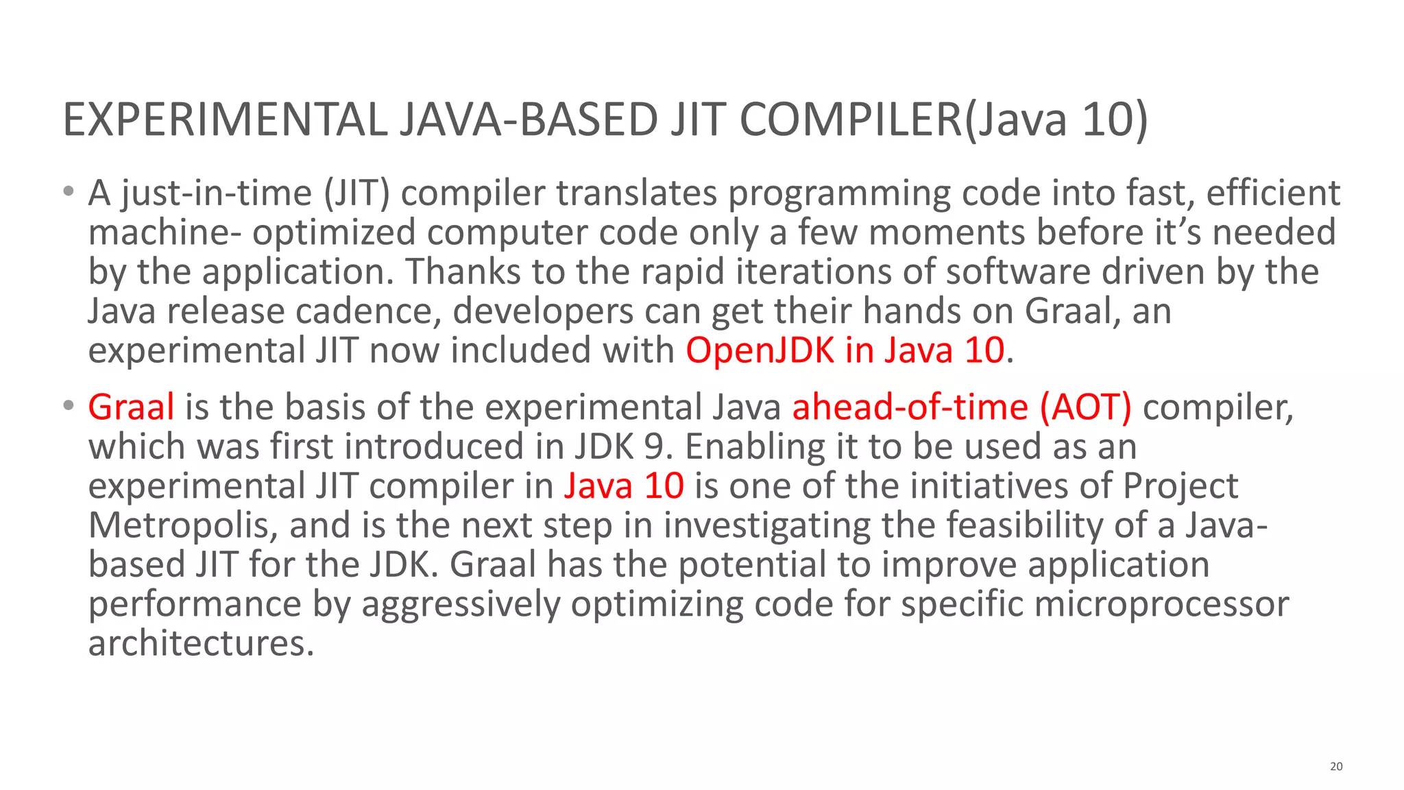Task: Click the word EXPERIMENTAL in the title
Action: pos(225,119)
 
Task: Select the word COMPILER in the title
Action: pos(851,119)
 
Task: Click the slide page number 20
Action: pos(1336,766)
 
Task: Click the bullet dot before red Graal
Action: pos(68,406)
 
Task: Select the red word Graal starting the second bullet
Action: pos(131,407)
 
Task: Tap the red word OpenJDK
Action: pos(760,350)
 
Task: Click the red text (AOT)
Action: pos(1085,407)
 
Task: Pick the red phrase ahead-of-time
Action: pos(910,407)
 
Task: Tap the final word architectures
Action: pos(201,643)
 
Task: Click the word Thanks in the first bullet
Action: pos(463,272)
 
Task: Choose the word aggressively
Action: pos(461,604)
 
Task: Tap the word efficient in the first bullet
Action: pos(1273,193)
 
